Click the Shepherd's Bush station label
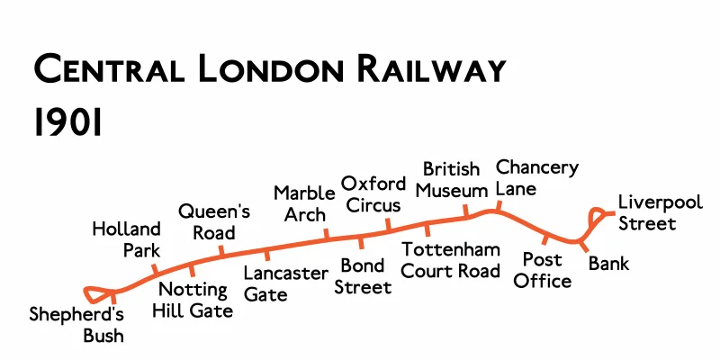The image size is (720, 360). pos(76,325)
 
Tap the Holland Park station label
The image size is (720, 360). pos(126,239)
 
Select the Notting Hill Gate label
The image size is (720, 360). pos(195,301)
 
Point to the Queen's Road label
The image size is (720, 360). pos(214,222)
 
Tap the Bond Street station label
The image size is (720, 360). pos(364,276)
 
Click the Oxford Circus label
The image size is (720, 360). pos(373,193)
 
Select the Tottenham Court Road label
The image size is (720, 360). pos(451,260)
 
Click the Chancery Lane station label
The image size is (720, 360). pos(536,178)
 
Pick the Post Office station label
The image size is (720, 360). pos(543,270)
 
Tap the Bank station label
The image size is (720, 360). pos(609,264)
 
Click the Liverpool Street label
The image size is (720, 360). pos(660,212)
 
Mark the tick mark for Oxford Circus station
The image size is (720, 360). pos(388,223)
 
